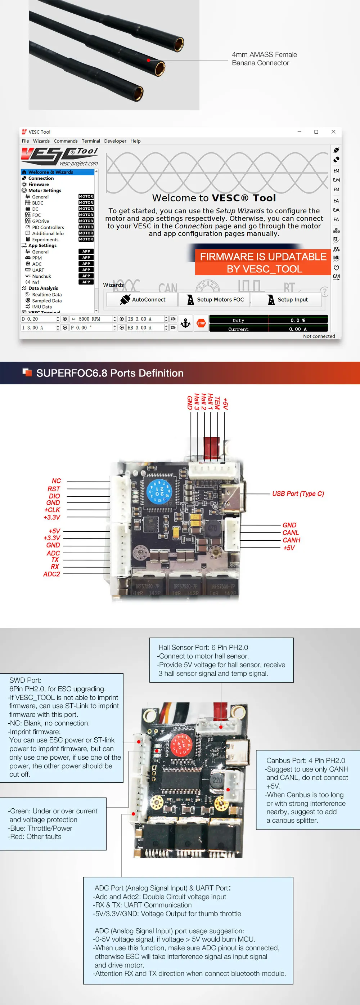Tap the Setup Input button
click(287, 299)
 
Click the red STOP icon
click(201, 323)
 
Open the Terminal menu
click(90, 141)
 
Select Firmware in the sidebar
click(38, 184)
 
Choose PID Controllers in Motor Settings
click(48, 227)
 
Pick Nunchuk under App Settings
click(41, 276)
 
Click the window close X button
click(333, 132)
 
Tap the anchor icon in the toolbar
click(186, 323)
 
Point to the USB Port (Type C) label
click(298, 493)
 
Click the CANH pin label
click(291, 540)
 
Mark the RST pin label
click(54, 488)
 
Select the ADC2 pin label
click(51, 574)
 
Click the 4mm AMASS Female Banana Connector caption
click(264, 58)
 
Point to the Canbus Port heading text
click(305, 760)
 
